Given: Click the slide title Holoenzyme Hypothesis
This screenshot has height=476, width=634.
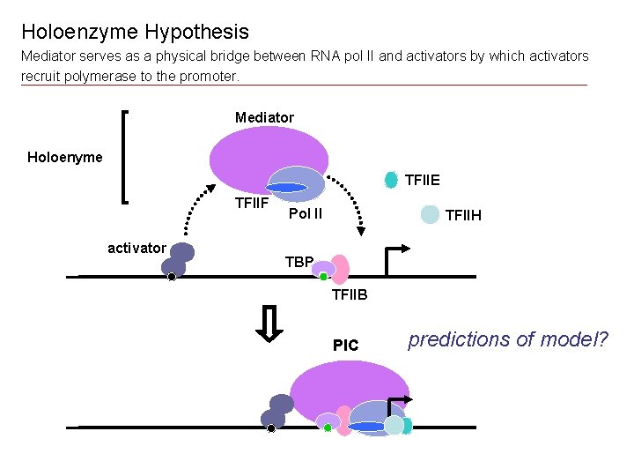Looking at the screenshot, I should click(135, 33).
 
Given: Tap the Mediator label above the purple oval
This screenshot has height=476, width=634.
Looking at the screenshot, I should click(264, 117).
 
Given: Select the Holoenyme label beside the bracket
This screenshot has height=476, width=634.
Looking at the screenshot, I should click(64, 158).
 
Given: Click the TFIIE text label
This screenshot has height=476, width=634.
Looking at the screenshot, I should click(423, 181).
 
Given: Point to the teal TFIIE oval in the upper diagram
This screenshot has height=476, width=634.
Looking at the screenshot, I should click(391, 180).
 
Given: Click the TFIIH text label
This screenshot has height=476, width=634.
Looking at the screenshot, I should click(463, 215).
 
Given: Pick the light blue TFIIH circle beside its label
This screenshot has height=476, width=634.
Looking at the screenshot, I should click(430, 214).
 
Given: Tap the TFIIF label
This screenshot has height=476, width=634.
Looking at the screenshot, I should click(251, 205).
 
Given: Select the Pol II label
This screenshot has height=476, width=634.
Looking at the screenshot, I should click(306, 213).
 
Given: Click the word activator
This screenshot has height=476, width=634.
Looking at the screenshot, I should click(136, 248).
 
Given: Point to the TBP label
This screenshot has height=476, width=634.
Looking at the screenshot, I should click(299, 262).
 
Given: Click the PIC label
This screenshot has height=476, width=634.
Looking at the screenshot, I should click(346, 346).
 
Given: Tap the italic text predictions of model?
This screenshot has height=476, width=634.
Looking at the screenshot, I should click(508, 339).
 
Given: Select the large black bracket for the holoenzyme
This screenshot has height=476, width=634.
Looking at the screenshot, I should click(124, 157).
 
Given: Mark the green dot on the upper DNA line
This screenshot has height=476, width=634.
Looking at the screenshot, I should click(323, 277).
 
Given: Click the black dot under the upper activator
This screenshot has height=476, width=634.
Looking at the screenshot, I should click(172, 277).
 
